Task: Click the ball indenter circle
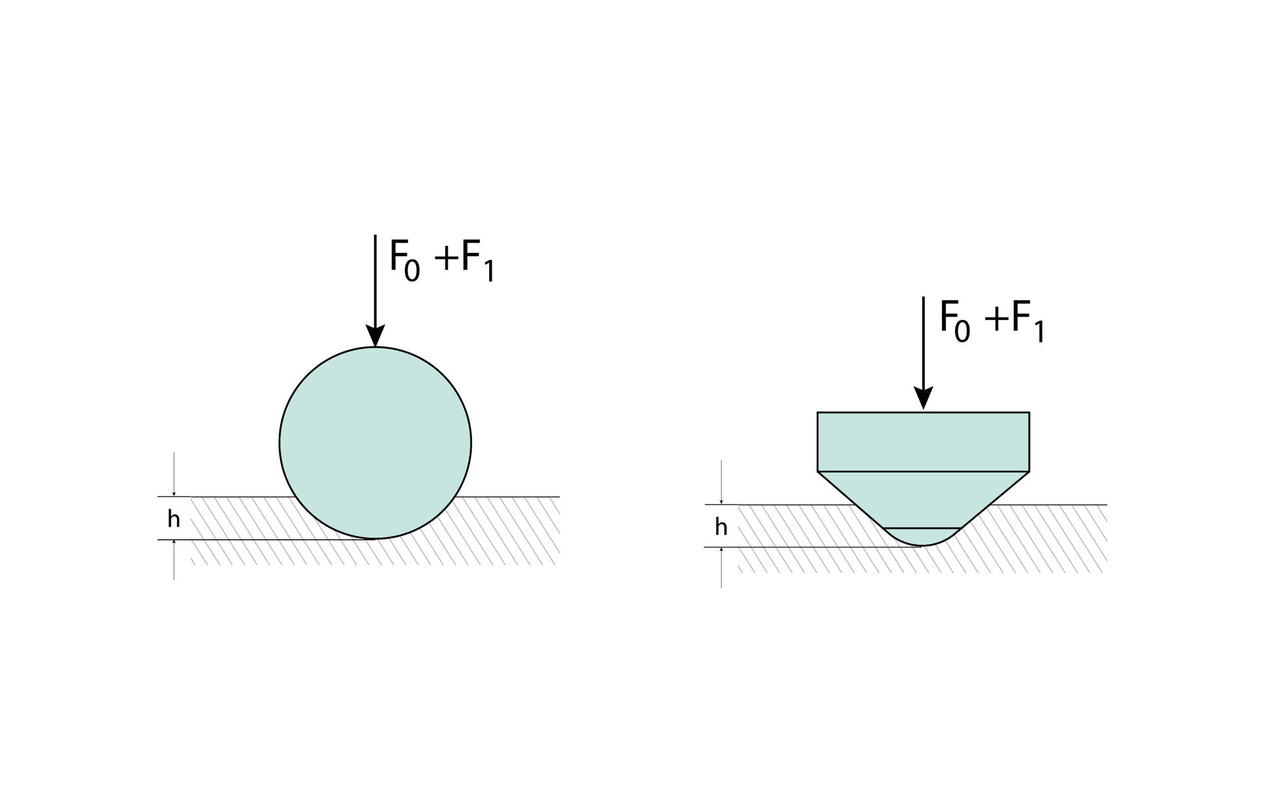click(375, 442)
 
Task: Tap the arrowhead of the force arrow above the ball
click(375, 336)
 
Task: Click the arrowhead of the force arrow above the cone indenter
click(923, 398)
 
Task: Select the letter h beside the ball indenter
click(174, 519)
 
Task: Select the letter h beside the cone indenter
click(721, 527)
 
